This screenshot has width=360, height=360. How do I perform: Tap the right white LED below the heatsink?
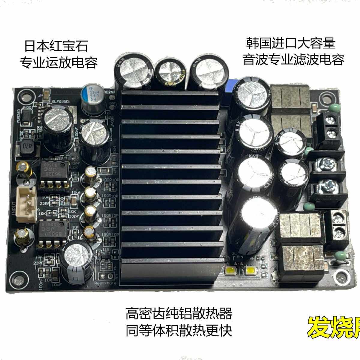(250, 271)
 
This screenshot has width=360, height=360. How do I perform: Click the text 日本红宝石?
(56, 46)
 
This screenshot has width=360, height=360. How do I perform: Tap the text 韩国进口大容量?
(290, 43)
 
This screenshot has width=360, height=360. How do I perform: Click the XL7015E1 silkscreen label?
(61, 102)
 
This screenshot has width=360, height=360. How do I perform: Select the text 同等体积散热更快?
(179, 331)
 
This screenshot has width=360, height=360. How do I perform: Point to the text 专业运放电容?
(58, 63)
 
